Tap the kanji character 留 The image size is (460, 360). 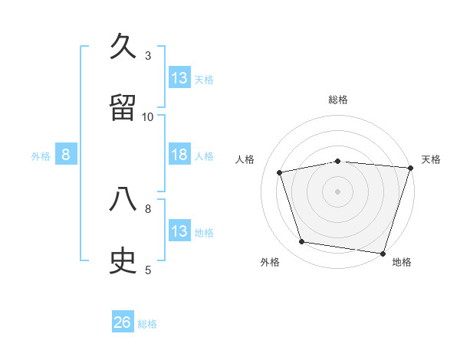pos(123,108)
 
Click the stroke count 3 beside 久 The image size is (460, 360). pos(148,55)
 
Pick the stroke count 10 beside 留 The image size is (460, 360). pos(148,116)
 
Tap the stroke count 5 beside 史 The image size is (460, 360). pos(148,269)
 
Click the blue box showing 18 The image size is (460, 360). pos(179,155)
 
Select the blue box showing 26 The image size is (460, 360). pos(123,322)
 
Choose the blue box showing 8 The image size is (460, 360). pos(66,155)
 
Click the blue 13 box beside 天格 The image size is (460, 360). pos(179,78)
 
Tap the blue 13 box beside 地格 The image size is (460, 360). pos(179,231)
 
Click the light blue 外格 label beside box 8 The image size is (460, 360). pos(41,155)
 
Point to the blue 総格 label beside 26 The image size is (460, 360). pos(147,323)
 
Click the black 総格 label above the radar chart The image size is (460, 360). pos(338,100)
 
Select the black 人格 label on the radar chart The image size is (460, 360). pos(245,159)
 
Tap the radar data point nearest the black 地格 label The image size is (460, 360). pos(382,253)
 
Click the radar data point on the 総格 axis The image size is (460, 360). pos(338,161)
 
